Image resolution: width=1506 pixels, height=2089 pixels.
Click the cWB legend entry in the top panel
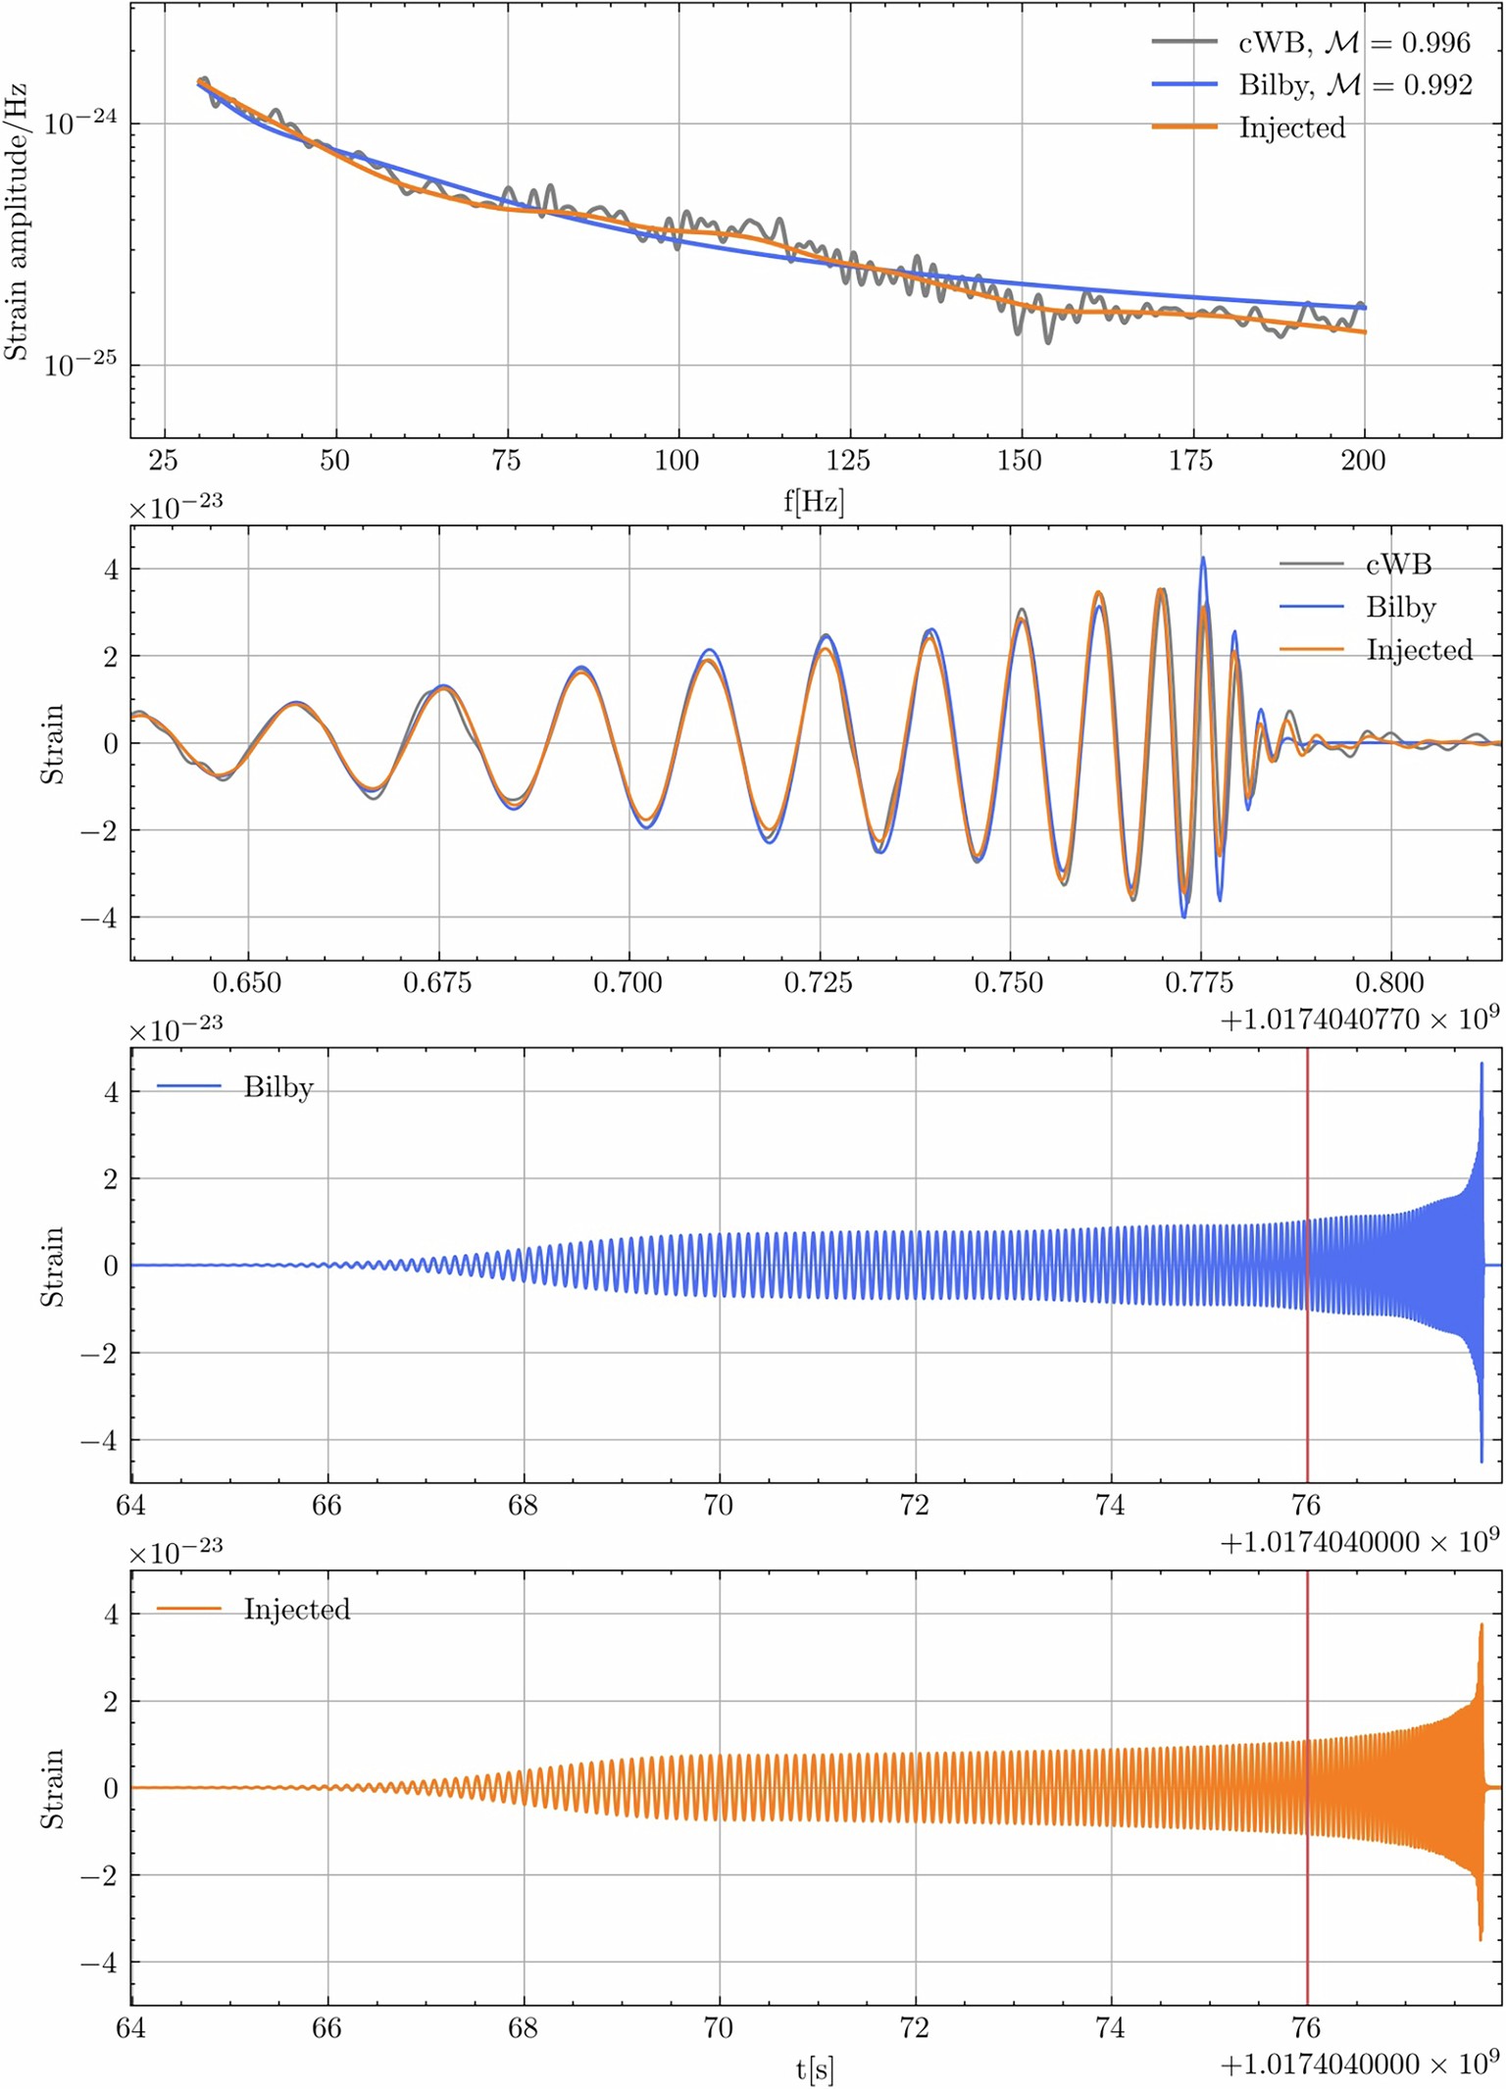pyautogui.click(x=1311, y=42)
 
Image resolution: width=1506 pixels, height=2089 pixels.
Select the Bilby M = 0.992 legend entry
pyautogui.click(x=1312, y=85)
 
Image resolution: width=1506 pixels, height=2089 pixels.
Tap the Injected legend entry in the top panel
pyautogui.click(x=1291, y=127)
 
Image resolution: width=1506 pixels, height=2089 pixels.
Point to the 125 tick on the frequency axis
pyautogui.click(x=848, y=461)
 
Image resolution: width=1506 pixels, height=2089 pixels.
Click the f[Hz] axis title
pyautogui.click(x=814, y=502)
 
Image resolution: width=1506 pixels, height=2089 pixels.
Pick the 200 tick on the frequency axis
pyautogui.click(x=1363, y=461)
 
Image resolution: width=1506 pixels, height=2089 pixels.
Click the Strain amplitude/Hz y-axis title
pyautogui.click(x=16, y=223)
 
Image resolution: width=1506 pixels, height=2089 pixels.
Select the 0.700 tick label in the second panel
pyautogui.click(x=627, y=982)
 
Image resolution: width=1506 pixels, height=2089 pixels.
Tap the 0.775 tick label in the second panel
pyautogui.click(x=1199, y=982)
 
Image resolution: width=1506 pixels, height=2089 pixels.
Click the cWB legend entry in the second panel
pyautogui.click(x=1398, y=564)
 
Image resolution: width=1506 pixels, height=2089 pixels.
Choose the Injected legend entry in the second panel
pyautogui.click(x=1419, y=650)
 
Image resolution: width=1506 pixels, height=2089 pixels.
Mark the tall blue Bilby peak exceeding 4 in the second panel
pyautogui.click(x=1203, y=561)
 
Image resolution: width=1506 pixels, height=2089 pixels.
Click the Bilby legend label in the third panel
pyautogui.click(x=278, y=1087)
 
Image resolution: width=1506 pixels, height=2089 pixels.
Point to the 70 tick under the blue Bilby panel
pyautogui.click(x=719, y=1505)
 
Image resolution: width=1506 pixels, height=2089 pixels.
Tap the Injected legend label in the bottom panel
pyautogui.click(x=296, y=1610)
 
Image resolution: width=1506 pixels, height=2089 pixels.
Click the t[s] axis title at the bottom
pyautogui.click(x=815, y=2069)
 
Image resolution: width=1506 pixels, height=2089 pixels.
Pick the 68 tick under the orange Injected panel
pyautogui.click(x=523, y=2027)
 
